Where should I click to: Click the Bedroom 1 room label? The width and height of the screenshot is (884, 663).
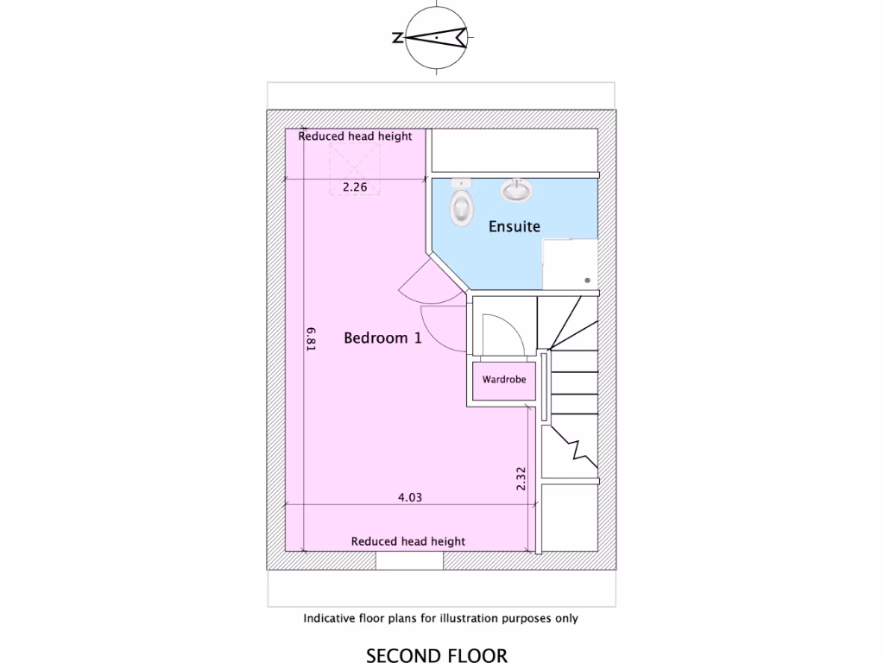(x=382, y=338)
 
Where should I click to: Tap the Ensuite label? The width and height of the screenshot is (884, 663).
(x=515, y=227)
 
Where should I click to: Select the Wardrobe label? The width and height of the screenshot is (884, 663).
(x=504, y=379)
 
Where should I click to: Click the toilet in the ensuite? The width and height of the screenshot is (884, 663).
(x=462, y=205)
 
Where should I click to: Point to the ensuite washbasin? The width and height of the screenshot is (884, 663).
(x=517, y=189)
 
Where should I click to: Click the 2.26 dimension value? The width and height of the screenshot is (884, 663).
(x=355, y=186)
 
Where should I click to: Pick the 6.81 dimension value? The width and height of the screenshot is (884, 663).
(x=311, y=338)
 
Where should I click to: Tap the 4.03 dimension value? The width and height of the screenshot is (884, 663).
(x=409, y=496)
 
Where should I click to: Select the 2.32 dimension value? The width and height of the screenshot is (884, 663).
(x=521, y=480)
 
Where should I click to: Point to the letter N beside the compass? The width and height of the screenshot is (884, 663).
(x=397, y=38)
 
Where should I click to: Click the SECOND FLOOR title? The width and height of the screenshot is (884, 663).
(x=437, y=655)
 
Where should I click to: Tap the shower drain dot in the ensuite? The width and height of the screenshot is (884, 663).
(x=587, y=281)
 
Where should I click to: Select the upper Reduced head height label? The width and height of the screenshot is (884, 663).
(x=355, y=136)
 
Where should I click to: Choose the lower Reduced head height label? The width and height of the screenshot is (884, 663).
(x=407, y=541)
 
